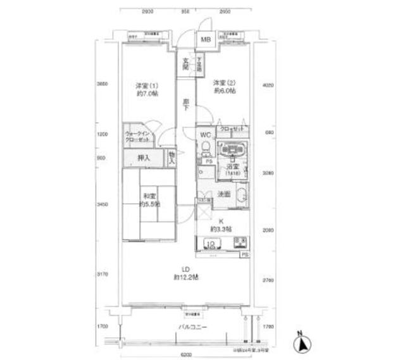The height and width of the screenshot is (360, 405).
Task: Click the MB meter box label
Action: pyautogui.click(x=205, y=39)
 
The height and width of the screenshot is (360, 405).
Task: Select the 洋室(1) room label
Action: pyautogui.click(x=146, y=89)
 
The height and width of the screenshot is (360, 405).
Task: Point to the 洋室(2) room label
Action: pyautogui.click(x=225, y=87)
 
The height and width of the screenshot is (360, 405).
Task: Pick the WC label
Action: pyautogui.click(x=206, y=135)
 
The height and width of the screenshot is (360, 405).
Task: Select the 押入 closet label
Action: pyautogui.click(x=144, y=158)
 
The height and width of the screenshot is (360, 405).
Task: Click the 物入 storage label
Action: pyautogui.click(x=172, y=157)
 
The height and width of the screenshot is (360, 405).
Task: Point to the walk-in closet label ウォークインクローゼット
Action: pyautogui.click(x=139, y=136)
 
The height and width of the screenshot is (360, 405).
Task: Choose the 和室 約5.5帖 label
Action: pyautogui.click(x=149, y=199)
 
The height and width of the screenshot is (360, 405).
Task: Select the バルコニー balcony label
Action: pyautogui.click(x=193, y=327)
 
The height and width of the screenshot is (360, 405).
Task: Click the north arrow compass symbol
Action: pyautogui.click(x=302, y=344)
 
